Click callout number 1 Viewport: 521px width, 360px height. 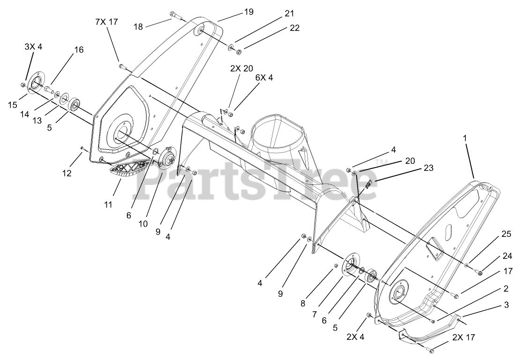pos(465,139)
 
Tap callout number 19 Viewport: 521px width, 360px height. pos(249,12)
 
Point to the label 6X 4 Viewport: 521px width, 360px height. pos(264,78)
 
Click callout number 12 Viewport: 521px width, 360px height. pos(67,173)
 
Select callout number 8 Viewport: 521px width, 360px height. pos(303,303)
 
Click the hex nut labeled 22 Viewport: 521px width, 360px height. pos(238,51)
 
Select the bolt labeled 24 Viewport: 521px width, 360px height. pos(479,272)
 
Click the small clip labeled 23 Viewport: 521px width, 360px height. pos(368,184)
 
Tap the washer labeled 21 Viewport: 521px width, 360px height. pos(231,47)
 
